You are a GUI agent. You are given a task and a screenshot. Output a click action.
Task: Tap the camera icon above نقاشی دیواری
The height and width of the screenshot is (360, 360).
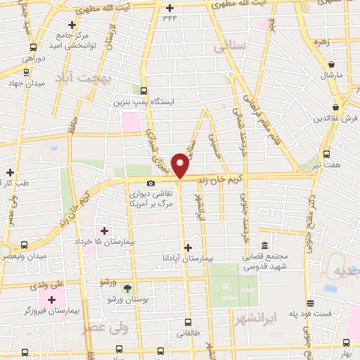coord(150,184)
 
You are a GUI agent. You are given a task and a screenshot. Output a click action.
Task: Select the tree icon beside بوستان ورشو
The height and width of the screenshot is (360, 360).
coord(127,288)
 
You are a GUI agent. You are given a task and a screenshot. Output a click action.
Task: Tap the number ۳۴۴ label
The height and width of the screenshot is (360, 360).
coord(169,19)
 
